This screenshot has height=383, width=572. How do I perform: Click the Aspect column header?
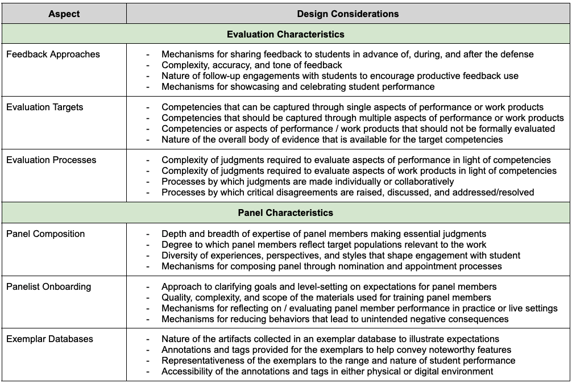(64, 14)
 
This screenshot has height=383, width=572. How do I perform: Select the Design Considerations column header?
(348, 14)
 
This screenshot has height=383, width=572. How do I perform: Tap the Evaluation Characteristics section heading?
(285, 34)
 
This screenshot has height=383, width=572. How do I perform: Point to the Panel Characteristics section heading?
(285, 213)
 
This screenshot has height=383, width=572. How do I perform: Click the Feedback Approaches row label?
(53, 55)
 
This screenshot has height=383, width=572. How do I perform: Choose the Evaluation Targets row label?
(44, 107)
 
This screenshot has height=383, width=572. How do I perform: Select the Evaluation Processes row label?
(51, 160)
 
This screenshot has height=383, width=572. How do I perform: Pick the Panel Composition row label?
(45, 234)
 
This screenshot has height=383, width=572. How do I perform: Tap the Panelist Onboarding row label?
(48, 286)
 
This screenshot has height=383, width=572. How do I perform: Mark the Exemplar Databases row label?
(49, 339)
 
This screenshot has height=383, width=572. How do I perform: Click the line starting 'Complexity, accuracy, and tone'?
(252, 65)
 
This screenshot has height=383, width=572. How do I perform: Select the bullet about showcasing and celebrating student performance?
(298, 87)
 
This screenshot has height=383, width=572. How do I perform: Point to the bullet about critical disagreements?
(347, 192)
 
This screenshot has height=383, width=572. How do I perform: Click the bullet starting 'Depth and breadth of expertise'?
(324, 234)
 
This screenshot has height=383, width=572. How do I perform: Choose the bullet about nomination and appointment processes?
(331, 266)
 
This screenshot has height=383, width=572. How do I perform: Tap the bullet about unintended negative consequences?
(335, 319)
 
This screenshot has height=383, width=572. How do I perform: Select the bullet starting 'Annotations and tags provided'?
(336, 350)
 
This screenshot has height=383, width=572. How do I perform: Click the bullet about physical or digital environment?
(327, 371)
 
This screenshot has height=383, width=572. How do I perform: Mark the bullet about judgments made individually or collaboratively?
(308, 181)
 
